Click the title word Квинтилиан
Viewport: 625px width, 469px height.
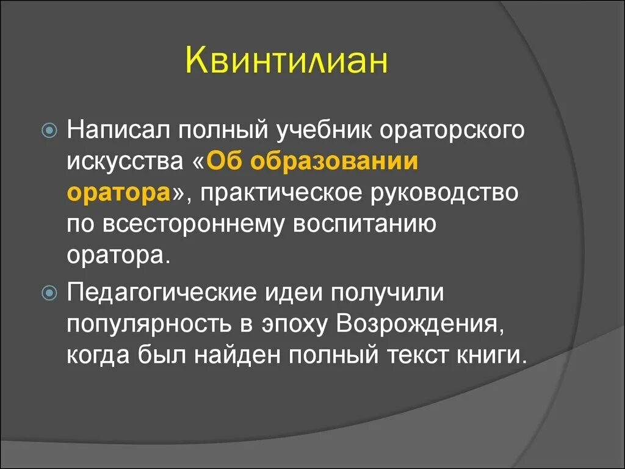pyautogui.click(x=286, y=62)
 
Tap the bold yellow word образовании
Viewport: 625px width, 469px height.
pyautogui.click(x=335, y=162)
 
